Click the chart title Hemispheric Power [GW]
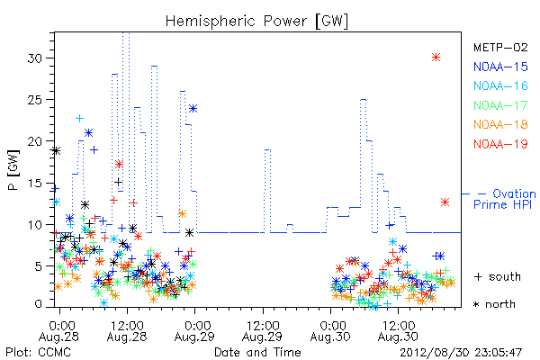(256, 22)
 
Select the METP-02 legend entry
(500, 47)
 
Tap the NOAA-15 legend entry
(500, 67)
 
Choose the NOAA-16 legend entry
(500, 85)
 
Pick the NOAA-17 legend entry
(500, 105)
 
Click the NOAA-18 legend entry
(500, 124)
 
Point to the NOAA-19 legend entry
(500, 144)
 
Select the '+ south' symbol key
(498, 276)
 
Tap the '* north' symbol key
(494, 304)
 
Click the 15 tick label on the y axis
(34, 183)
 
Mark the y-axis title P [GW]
(13, 169)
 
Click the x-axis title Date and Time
(257, 352)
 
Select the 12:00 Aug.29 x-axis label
(263, 331)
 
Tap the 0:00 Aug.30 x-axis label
(330, 331)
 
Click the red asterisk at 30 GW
(436, 58)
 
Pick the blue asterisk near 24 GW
(193, 109)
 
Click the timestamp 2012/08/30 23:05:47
(461, 352)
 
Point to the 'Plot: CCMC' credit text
(38, 352)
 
